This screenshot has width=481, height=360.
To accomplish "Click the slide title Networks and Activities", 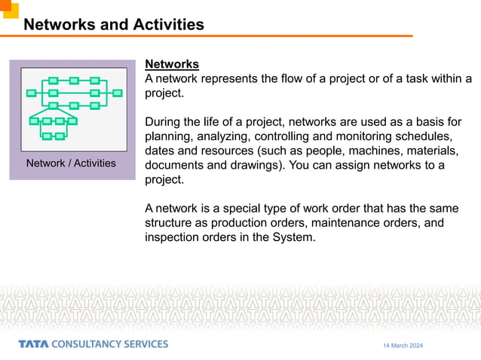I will [x=114, y=24].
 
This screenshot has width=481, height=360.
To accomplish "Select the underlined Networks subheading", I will [x=171, y=65].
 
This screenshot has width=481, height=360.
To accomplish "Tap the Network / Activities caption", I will [x=71, y=163].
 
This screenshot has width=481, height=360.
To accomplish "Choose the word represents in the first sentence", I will [x=234, y=79].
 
